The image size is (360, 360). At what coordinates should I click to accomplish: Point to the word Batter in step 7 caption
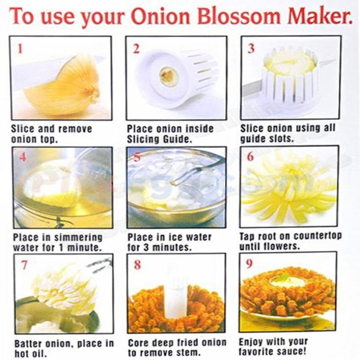(29, 344)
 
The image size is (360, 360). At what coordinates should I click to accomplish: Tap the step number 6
(251, 157)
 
